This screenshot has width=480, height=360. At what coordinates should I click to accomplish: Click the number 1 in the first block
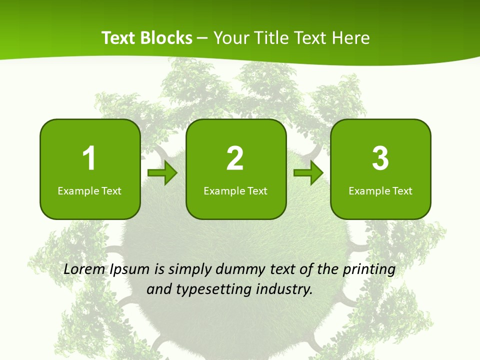[x=89, y=158]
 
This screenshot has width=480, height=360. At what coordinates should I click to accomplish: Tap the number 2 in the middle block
[x=235, y=158]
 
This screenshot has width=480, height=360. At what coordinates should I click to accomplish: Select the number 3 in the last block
[x=380, y=158]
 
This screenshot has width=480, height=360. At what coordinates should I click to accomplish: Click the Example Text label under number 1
[x=89, y=190]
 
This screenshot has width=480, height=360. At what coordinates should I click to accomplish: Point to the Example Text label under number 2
[x=235, y=190]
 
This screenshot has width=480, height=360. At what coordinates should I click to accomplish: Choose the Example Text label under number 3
[x=380, y=190]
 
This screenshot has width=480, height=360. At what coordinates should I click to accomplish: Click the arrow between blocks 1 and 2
[x=163, y=173]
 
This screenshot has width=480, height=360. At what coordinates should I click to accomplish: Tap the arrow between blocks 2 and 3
[x=308, y=173]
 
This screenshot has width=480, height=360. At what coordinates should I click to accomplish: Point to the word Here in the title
[x=352, y=38]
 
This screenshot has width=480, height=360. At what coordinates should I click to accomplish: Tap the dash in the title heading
[x=202, y=38]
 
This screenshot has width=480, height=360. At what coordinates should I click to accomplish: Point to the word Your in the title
[x=232, y=38]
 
